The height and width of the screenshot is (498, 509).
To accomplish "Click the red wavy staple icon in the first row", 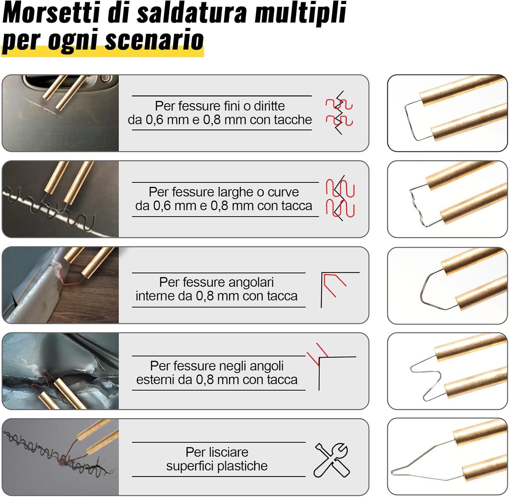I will (x=339, y=112).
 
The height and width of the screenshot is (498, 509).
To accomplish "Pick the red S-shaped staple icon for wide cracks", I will (x=340, y=198).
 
